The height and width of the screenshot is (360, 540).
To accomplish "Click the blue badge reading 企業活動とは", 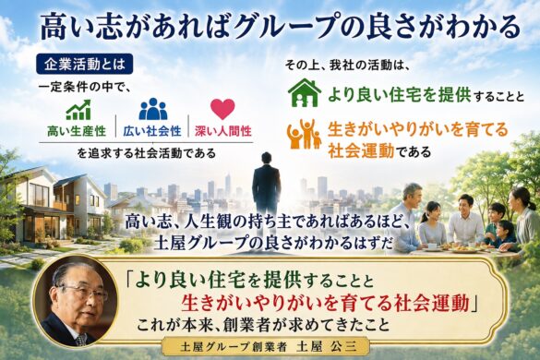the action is click(x=84, y=64).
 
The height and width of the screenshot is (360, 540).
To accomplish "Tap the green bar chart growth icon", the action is click(x=78, y=110).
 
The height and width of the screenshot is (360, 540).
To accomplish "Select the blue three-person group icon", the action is click(x=153, y=109).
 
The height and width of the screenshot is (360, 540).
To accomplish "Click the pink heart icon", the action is click(x=222, y=109).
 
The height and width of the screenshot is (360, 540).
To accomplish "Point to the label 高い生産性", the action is click(x=77, y=131).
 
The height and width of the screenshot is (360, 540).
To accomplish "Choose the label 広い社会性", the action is click(x=152, y=131).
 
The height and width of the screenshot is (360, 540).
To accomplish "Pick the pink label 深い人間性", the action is click(x=223, y=131).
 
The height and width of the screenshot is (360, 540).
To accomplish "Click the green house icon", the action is click(x=305, y=92).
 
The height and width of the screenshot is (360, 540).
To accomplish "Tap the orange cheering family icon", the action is click(x=305, y=135).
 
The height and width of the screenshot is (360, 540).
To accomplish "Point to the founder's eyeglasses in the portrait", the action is click(x=82, y=293).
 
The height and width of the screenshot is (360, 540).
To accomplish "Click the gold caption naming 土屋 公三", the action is click(x=268, y=347).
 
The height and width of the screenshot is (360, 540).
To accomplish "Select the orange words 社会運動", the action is click(x=361, y=150).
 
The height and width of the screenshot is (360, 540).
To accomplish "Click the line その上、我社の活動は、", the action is click(x=347, y=66).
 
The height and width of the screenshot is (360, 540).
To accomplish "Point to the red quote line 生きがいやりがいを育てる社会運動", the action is click(x=326, y=303).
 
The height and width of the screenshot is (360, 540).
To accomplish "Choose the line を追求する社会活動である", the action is click(x=146, y=152).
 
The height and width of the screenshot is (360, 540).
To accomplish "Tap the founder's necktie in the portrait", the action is click(x=80, y=340).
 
